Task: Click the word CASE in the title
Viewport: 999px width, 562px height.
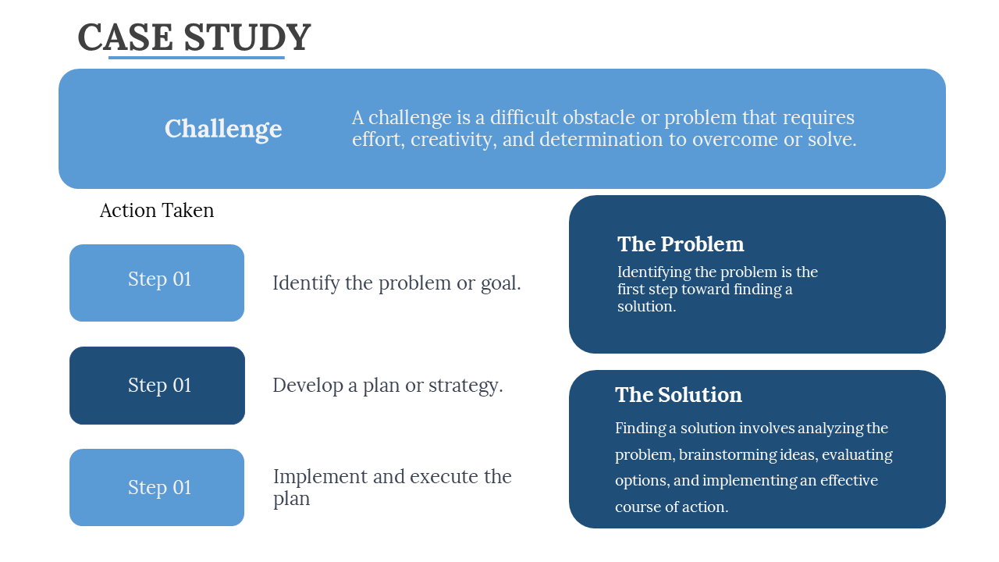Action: (126, 37)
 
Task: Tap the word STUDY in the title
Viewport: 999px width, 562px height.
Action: (247, 37)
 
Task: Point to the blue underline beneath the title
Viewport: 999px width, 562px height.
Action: (196, 57)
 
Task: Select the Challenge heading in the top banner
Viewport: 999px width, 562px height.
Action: (223, 129)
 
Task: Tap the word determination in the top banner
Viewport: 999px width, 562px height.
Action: (601, 140)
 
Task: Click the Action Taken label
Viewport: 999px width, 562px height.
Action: (157, 211)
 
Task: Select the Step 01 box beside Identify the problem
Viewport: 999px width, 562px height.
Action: (157, 283)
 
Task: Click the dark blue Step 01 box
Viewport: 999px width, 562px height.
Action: (157, 386)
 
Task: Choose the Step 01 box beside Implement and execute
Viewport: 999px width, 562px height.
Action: (157, 488)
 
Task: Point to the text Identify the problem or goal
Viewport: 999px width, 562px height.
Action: (396, 283)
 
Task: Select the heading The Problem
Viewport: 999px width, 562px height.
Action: (681, 244)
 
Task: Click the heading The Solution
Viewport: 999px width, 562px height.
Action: (678, 395)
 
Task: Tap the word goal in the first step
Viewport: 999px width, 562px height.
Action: (500, 284)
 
